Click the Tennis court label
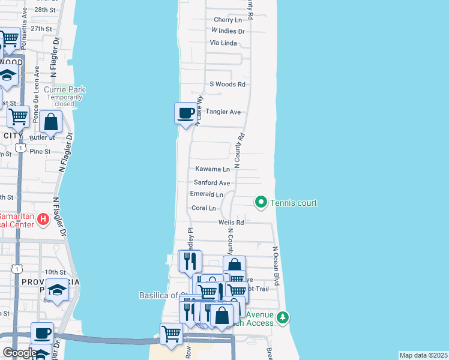pos(294,203)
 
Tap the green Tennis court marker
pos(261,202)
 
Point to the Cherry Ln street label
pos(228,20)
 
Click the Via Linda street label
pos(224,43)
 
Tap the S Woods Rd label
pos(228,85)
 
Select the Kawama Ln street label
pos(212,169)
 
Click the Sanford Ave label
pos(212,182)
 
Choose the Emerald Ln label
pos(206,194)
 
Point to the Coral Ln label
pos(203,208)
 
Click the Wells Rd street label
pos(231,222)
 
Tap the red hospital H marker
pos(43,219)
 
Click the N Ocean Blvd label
pos(276,265)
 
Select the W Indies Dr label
pos(228,31)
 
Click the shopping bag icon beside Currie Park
pos(52,121)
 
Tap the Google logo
pos(19,353)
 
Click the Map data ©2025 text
pos(423,355)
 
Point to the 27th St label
pos(43,28)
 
